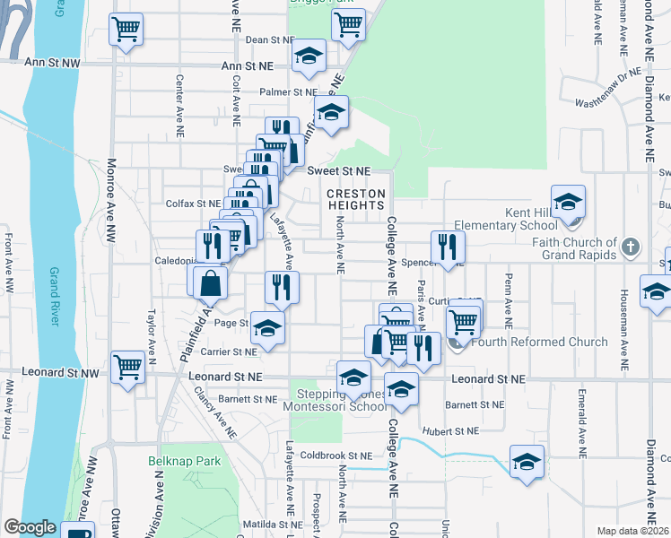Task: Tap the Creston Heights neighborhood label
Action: [355, 199]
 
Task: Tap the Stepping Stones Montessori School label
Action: [347, 400]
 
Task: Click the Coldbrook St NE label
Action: [335, 455]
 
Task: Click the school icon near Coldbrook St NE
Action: [527, 462]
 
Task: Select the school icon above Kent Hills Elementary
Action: [568, 202]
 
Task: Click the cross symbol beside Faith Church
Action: [631, 246]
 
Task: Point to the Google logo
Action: [30, 527]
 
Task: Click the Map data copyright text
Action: [632, 531]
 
